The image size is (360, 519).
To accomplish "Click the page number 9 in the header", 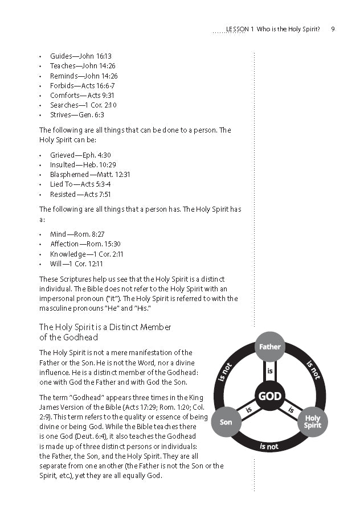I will [x=332, y=28].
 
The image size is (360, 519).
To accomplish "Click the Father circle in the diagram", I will [x=269, y=346].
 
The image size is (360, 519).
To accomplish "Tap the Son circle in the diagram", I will [x=226, y=422].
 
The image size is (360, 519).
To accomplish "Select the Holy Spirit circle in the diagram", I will [x=313, y=422].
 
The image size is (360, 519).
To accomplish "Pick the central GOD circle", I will [x=269, y=396].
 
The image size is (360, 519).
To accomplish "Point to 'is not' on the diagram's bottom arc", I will [x=269, y=446].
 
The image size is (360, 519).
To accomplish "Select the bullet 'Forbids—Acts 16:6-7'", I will [x=82, y=85].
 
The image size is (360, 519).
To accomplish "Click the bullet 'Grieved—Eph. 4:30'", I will [x=80, y=155].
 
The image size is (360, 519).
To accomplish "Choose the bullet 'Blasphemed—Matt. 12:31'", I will [x=90, y=175].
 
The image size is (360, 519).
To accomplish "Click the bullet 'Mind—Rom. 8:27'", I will [x=77, y=234].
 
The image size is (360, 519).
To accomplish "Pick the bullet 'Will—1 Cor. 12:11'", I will [x=76, y=263].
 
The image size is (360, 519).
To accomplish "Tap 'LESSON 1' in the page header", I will [x=239, y=28].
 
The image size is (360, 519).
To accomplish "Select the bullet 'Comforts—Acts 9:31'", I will [x=82, y=95].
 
